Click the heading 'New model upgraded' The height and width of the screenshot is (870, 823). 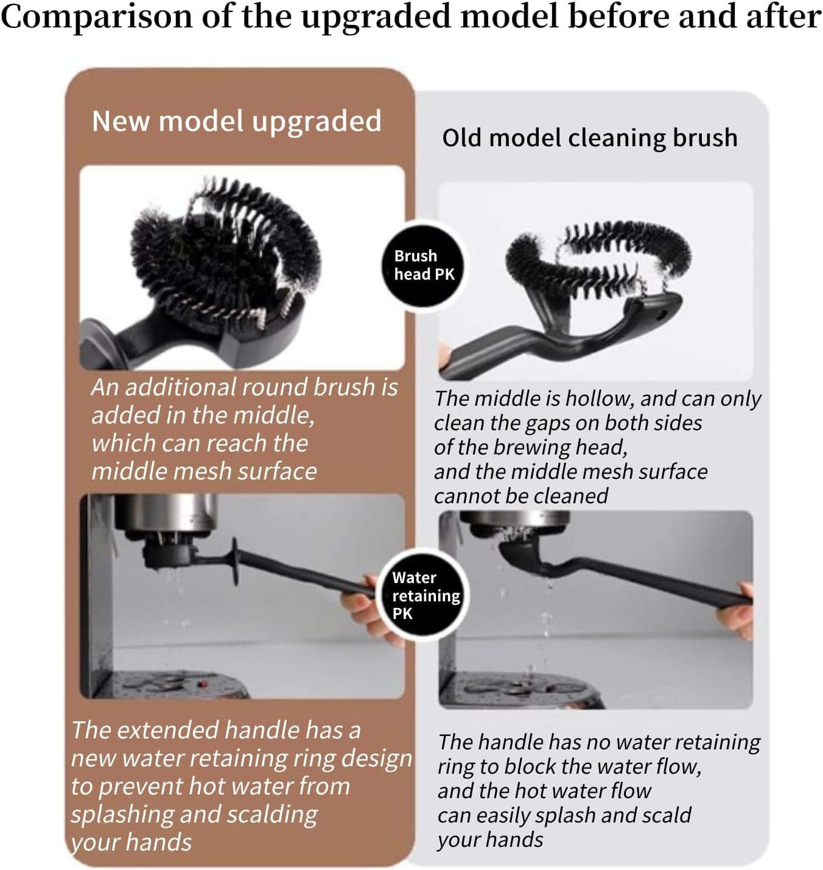tap(236, 121)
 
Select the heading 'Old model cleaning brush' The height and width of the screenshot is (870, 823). tap(589, 138)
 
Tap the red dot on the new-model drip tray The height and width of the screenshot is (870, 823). tap(203, 684)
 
